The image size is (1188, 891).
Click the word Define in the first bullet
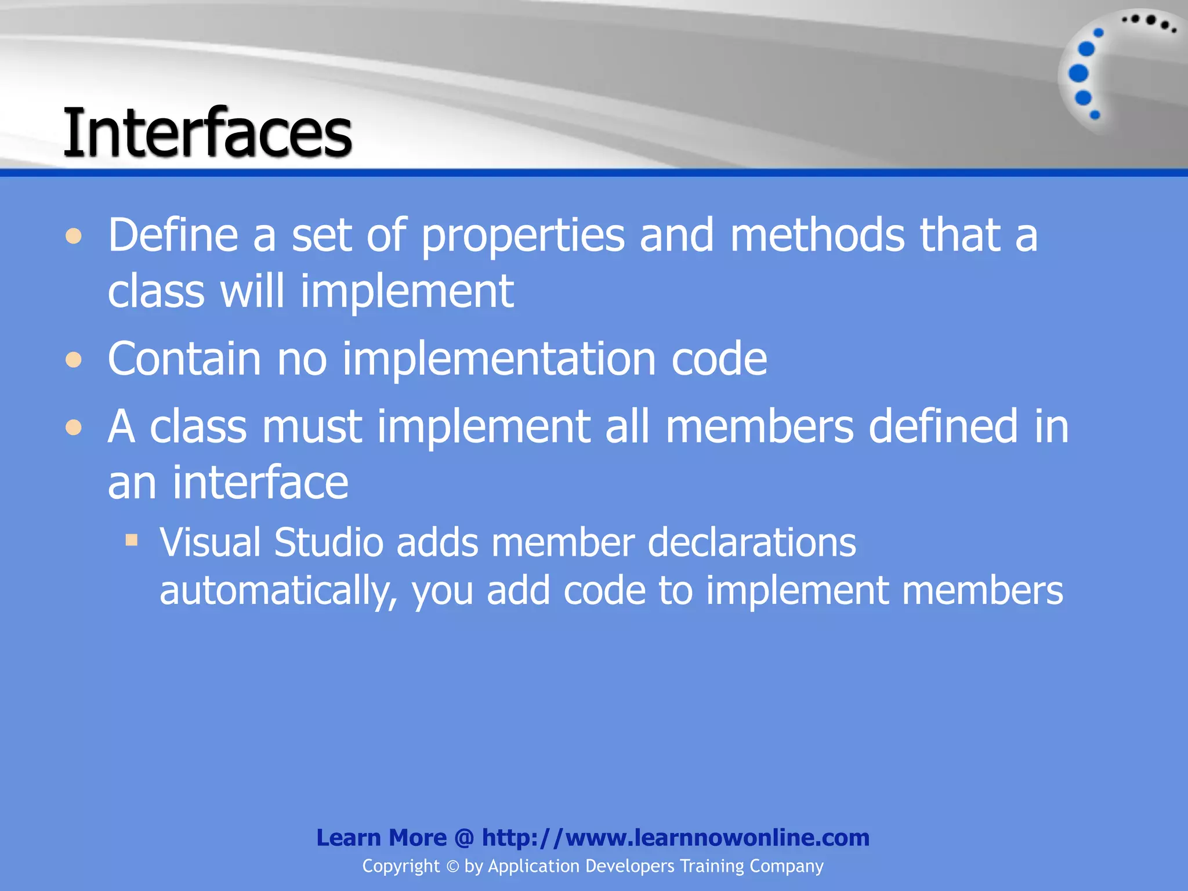click(173, 235)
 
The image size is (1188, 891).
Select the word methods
click(817, 235)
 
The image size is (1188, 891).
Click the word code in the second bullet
click(719, 360)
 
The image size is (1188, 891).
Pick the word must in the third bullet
click(312, 426)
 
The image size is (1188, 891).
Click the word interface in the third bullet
click(260, 483)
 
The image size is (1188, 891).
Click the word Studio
click(328, 543)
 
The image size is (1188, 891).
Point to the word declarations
click(751, 543)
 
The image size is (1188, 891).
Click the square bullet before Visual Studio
click(132, 541)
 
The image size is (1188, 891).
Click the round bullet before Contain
click(74, 360)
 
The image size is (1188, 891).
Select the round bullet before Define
click(74, 236)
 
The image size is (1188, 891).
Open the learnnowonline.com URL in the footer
click(675, 838)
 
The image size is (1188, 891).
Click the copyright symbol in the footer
click(452, 867)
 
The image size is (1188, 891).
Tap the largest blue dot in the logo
click(1078, 74)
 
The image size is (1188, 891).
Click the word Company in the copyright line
click(786, 866)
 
